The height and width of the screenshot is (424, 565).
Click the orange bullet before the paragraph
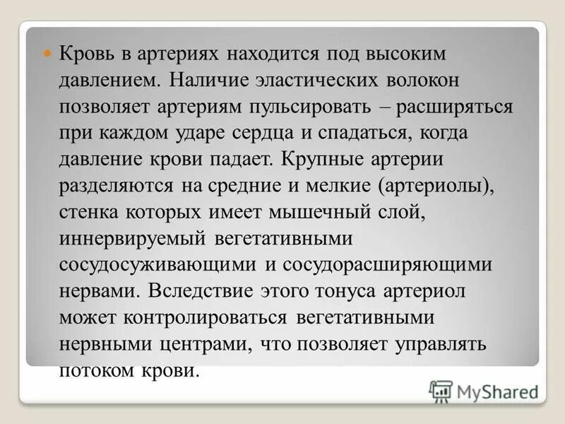[49, 54]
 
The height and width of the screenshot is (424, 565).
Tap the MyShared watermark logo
[484, 389]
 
